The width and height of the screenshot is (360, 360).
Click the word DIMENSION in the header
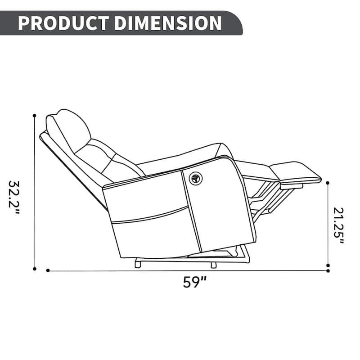point(164,22)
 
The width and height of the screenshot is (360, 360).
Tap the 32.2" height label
point(15,198)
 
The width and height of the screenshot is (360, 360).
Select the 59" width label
point(195,283)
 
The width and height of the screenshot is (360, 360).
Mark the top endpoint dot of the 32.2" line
point(34,116)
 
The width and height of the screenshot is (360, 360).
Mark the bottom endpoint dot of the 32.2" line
point(34,269)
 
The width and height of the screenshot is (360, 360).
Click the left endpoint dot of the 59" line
point(48,270)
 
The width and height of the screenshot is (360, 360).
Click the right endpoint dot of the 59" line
point(328,270)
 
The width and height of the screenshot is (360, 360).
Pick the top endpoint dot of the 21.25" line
point(328,183)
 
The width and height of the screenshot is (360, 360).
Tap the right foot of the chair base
point(213,265)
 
